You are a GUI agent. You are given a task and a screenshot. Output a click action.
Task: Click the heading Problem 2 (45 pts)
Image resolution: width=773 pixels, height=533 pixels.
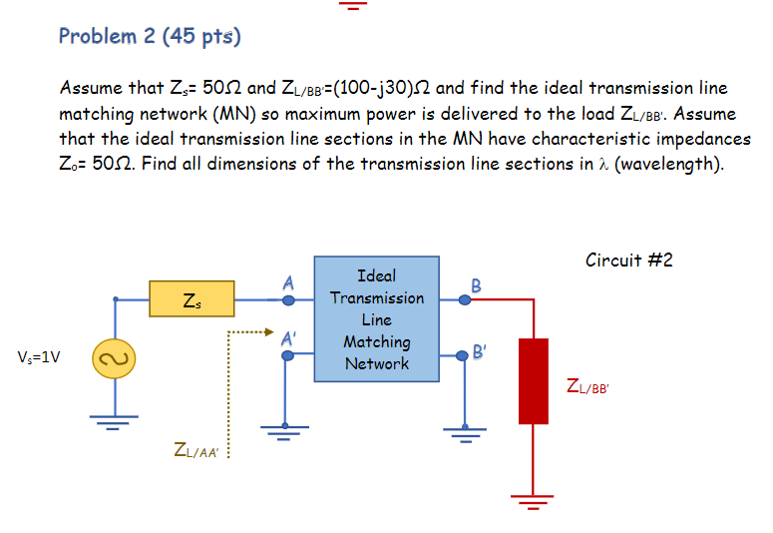[150, 37]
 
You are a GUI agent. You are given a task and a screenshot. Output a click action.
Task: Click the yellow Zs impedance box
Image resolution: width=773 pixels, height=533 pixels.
[192, 297]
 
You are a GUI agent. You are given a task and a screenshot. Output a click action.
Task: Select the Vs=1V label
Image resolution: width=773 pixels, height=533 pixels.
[39, 356]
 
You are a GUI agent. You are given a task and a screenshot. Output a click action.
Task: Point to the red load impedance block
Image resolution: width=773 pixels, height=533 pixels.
[534, 381]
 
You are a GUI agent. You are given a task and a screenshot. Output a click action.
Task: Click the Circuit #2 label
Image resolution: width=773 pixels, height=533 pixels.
[629, 261]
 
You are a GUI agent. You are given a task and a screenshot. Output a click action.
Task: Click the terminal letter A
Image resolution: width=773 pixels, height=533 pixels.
[287, 282]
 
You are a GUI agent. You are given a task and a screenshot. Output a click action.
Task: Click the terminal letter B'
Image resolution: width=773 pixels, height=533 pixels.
[480, 351]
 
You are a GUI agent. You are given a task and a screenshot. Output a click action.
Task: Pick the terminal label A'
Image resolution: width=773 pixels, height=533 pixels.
[289, 337]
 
